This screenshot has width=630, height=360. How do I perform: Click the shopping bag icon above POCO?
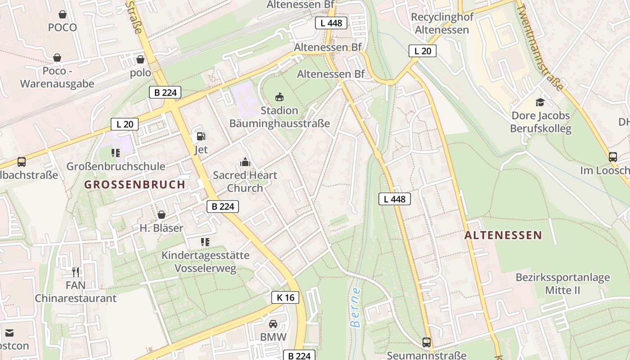[x=63, y=14]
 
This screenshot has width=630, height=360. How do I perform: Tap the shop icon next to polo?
[x=140, y=59]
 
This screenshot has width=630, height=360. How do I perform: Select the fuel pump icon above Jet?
[x=201, y=136]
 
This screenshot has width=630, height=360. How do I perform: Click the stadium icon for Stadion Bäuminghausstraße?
[x=279, y=97]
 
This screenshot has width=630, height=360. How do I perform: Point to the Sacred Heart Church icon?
[x=245, y=162]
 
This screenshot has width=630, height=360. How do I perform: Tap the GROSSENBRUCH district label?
[x=135, y=184]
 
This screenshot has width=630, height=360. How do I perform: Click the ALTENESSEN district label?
[x=503, y=235]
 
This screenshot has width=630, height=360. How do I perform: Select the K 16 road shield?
[x=285, y=297]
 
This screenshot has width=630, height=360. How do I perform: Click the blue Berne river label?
[x=355, y=307]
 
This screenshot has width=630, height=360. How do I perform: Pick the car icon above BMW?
[x=273, y=324]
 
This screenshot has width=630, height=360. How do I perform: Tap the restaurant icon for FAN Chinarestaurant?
[x=76, y=272]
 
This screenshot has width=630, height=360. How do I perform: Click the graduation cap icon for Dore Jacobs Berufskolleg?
[x=540, y=102]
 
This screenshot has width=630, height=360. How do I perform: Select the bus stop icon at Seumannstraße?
[x=427, y=342]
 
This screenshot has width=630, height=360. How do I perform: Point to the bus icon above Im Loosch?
[x=613, y=157]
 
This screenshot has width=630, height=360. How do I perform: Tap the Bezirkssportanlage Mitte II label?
[x=562, y=283]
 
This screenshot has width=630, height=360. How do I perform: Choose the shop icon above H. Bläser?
[x=161, y=215]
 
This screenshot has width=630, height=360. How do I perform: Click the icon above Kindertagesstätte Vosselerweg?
[x=205, y=242]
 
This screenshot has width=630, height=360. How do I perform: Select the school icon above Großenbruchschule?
[x=116, y=153]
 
